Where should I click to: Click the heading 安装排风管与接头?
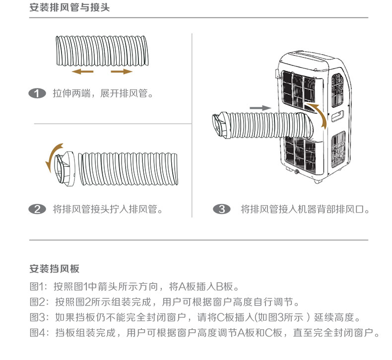pyautogui.click(x=69, y=8)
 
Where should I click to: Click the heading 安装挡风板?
pyautogui.click(x=54, y=269)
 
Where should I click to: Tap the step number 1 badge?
pyautogui.click(x=37, y=93)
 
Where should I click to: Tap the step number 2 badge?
pyautogui.click(x=37, y=209)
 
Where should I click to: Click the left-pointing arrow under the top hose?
pyautogui.click(x=82, y=72)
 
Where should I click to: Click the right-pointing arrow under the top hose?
pyautogui.click(x=122, y=72)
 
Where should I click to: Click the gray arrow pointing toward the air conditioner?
pyautogui.click(x=260, y=108)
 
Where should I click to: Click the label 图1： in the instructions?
pyautogui.click(x=39, y=287)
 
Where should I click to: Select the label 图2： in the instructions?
pyautogui.click(x=39, y=302)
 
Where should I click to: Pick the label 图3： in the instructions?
pyautogui.click(x=39, y=317)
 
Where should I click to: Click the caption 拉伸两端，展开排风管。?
pyautogui.click(x=102, y=93)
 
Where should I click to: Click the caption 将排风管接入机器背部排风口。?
pyautogui.click(x=305, y=209)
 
